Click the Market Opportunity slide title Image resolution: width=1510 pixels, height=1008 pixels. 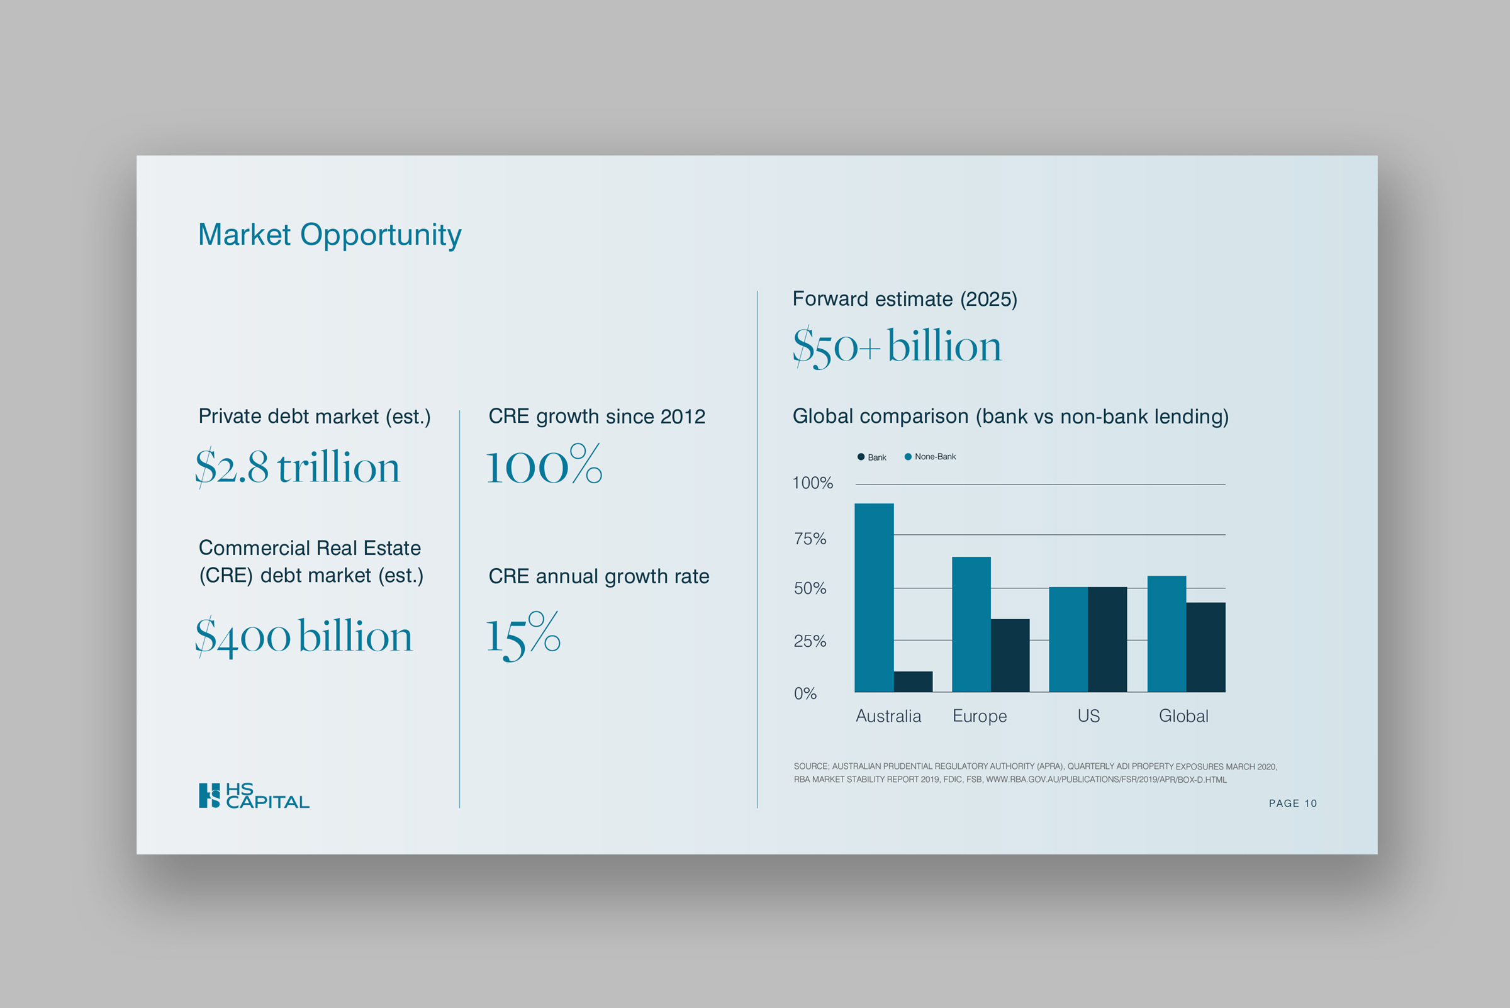click(329, 235)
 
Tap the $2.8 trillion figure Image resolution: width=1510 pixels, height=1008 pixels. click(297, 467)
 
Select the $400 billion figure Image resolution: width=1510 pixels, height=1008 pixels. click(303, 636)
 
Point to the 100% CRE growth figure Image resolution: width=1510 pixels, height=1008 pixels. click(544, 466)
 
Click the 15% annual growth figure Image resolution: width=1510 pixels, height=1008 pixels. click(523, 636)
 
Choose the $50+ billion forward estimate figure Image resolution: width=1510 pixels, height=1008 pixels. click(897, 347)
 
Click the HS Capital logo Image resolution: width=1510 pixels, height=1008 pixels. click(254, 795)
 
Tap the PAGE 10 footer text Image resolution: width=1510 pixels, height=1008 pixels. click(1292, 804)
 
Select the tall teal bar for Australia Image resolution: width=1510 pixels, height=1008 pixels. click(874, 597)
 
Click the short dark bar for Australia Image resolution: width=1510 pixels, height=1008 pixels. click(913, 681)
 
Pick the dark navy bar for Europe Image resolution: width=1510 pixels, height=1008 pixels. click(1010, 655)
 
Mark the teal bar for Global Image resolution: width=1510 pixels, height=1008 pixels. click(1166, 633)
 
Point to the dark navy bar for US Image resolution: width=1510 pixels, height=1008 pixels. click(1107, 639)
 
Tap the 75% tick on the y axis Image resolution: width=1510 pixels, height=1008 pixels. click(810, 539)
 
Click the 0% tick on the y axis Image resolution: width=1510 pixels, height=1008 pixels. click(805, 693)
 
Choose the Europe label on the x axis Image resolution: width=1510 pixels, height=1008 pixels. click(980, 716)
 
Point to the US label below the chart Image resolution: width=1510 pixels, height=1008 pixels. click(1088, 716)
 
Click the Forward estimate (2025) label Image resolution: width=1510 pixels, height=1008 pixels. click(905, 300)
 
